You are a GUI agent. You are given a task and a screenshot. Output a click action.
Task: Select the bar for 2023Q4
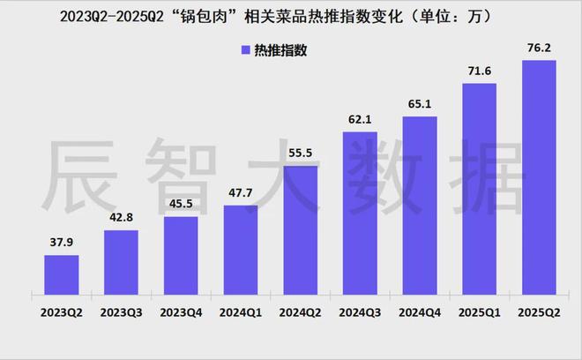(181, 257)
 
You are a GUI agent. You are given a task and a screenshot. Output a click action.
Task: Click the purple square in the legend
(245, 50)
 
